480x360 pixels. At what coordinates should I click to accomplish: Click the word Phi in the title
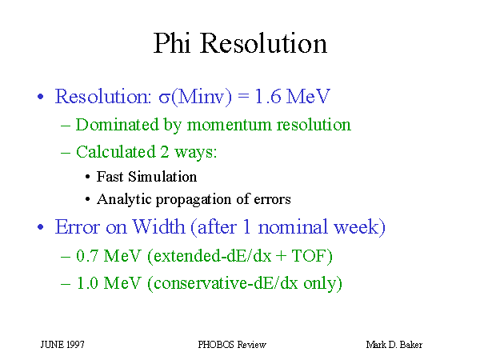coord(172,43)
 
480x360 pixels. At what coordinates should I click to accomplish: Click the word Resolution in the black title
coord(263,43)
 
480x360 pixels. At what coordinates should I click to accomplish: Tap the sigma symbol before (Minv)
coord(164,98)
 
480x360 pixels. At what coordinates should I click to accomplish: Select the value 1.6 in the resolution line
coord(267,96)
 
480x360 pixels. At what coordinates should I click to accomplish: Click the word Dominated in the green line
coord(118,125)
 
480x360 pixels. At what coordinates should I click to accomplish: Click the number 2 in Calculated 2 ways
coord(165,152)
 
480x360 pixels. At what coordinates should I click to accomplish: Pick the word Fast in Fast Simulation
coord(110,177)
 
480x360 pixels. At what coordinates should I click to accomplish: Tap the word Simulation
coord(162,177)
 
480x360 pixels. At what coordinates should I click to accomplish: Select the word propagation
coord(194,200)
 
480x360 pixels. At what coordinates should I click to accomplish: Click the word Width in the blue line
coord(158,227)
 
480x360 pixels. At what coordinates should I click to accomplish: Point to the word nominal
coord(293,227)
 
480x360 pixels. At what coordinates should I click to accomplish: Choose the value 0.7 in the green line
coord(87,256)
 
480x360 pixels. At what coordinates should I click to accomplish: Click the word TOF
coord(309,256)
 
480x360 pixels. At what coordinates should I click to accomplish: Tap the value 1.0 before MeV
coord(87,283)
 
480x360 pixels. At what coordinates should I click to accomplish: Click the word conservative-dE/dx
coord(226,283)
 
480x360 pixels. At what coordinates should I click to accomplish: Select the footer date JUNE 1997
coord(62,345)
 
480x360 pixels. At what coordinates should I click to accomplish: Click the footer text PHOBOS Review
coord(232,345)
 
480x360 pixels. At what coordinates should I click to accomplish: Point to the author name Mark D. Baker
coord(394,345)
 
